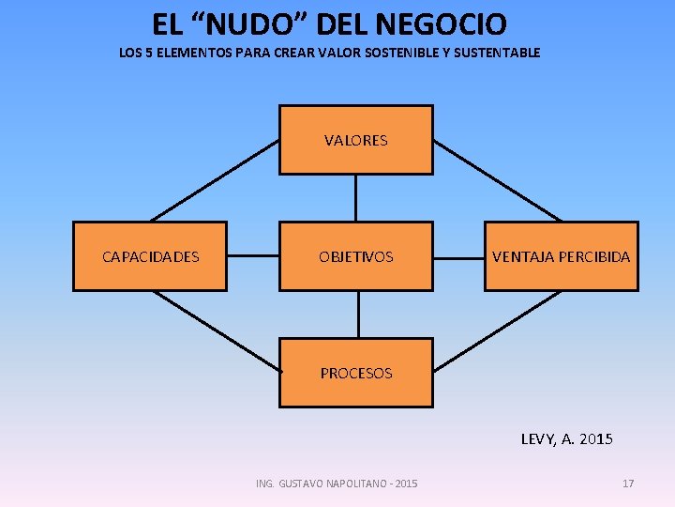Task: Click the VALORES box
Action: (356, 140)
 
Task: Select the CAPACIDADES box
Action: (150, 256)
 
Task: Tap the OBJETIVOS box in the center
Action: (356, 256)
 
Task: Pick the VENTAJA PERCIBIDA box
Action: (562, 256)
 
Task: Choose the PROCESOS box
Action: (356, 373)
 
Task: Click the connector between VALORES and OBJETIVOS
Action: (356, 198)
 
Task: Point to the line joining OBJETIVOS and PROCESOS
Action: (357, 315)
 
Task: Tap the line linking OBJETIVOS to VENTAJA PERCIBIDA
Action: (458, 256)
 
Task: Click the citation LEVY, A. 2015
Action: (566, 438)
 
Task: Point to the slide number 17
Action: (628, 484)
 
